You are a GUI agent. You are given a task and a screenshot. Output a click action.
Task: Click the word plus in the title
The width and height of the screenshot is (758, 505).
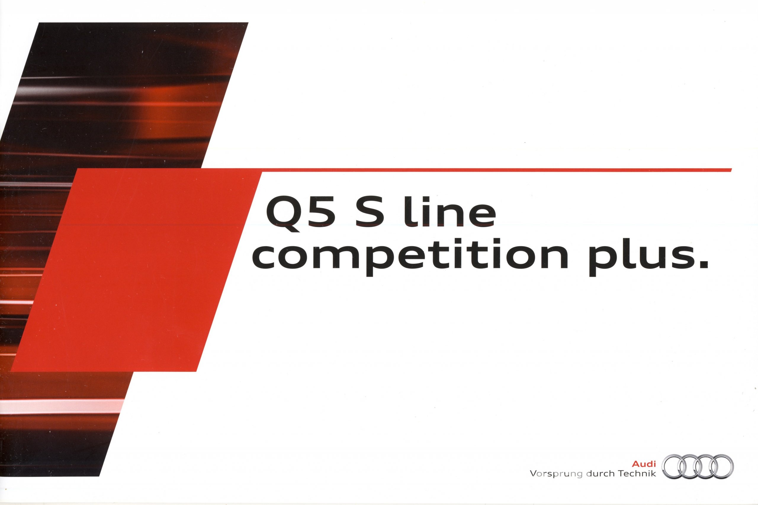click(641, 258)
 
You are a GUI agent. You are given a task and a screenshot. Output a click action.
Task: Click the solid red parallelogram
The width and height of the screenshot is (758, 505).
click(135, 270)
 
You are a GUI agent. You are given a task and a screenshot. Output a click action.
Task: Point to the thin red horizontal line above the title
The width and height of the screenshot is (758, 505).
click(496, 170)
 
